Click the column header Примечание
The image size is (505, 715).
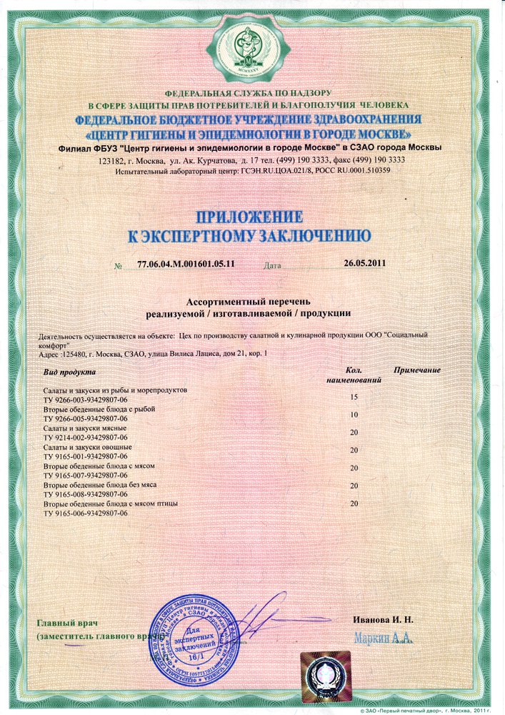tap(416, 370)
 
